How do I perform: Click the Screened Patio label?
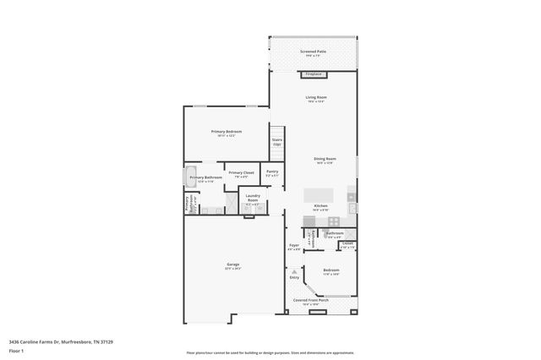coord(314,52)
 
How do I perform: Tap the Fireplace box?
coord(314,74)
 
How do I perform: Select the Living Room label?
coord(316,98)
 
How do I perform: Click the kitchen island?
coord(319,195)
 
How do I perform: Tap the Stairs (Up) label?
coord(276,142)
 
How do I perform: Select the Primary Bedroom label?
coord(227,132)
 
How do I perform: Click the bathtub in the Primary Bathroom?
coord(190,177)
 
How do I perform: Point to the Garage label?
coord(232,265)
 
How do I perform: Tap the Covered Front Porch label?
coord(311,301)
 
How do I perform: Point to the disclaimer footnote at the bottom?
coord(270,352)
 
